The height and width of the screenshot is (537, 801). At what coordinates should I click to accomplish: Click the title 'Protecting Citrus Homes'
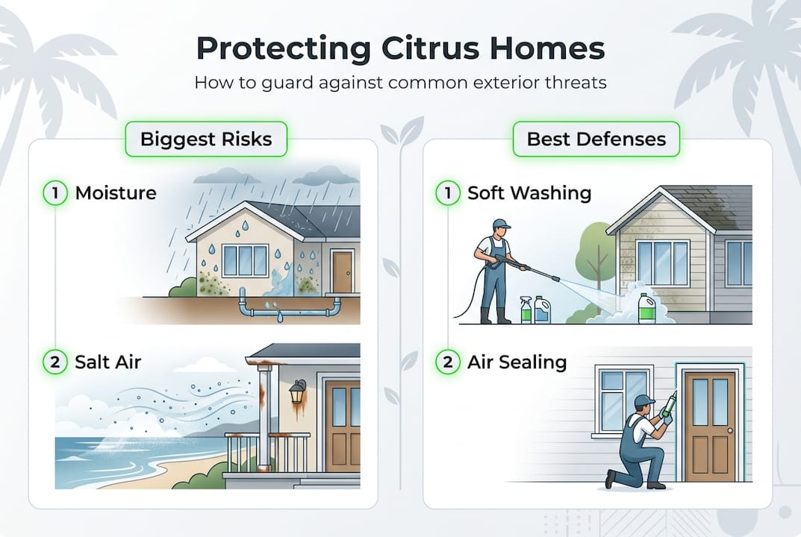point(400,48)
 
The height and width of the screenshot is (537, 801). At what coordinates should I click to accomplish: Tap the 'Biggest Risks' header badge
point(205,139)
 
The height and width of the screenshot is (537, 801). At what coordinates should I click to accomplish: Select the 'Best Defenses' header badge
point(597,139)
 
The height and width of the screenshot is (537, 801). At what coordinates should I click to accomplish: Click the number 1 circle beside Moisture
point(55,193)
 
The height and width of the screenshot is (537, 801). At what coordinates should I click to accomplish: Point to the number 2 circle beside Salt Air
point(55,362)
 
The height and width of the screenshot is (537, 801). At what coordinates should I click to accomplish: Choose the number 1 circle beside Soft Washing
point(447,193)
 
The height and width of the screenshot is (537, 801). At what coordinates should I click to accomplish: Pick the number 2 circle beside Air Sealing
point(447,362)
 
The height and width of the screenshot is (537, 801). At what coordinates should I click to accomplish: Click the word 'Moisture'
point(116,193)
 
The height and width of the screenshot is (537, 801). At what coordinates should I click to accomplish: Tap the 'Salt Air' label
point(108,362)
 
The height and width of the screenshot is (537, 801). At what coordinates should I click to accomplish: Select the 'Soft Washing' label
point(529,193)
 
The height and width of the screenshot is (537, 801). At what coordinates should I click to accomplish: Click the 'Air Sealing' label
point(517,362)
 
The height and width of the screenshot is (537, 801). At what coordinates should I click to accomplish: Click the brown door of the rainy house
point(342,272)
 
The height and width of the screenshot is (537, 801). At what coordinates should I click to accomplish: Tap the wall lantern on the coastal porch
point(297,392)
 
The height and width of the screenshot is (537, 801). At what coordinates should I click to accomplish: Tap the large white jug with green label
point(646,308)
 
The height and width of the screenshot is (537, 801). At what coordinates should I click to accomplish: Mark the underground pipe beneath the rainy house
point(287,305)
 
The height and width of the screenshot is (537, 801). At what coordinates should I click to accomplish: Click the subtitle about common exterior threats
point(400,81)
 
